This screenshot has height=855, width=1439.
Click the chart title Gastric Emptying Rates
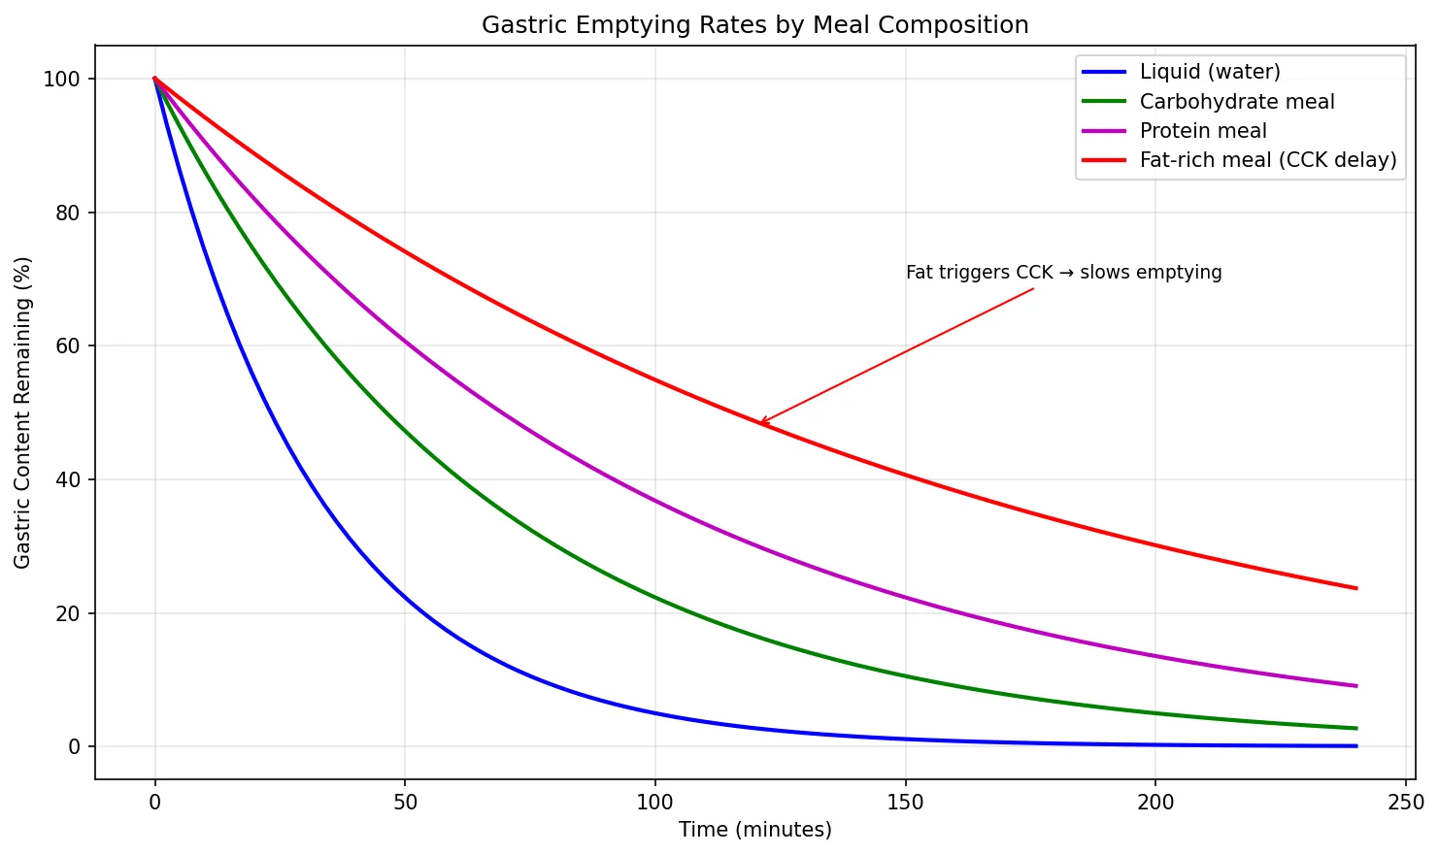[x=754, y=25]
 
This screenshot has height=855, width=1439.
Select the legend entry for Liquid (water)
[x=1210, y=72]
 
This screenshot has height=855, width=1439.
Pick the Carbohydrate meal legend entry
[x=1236, y=102]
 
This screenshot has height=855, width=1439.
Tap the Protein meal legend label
[x=1202, y=131]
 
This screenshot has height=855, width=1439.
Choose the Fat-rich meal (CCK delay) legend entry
[x=1267, y=160]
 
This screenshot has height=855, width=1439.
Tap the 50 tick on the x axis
[x=405, y=803]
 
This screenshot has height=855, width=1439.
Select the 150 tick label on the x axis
[x=905, y=803]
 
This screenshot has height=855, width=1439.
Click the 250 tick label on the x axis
[x=1405, y=803]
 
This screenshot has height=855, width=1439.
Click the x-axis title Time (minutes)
[x=754, y=831]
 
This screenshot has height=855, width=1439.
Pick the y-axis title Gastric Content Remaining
[x=23, y=412]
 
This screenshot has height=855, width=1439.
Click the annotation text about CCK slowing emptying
[x=1063, y=273]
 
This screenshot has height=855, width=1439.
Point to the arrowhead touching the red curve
[x=760, y=423]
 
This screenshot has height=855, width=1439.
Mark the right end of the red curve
[x=1355, y=588]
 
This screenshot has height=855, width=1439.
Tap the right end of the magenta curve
[x=1355, y=686]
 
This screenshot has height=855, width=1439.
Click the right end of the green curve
[x=1355, y=728]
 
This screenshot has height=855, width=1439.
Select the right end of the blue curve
[x=1355, y=746]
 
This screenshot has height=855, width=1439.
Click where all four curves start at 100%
[x=154, y=79]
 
